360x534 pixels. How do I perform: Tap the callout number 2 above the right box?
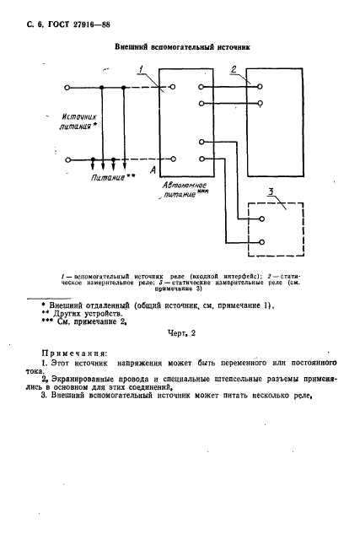[x=234, y=69]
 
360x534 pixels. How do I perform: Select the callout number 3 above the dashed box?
[x=270, y=194]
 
